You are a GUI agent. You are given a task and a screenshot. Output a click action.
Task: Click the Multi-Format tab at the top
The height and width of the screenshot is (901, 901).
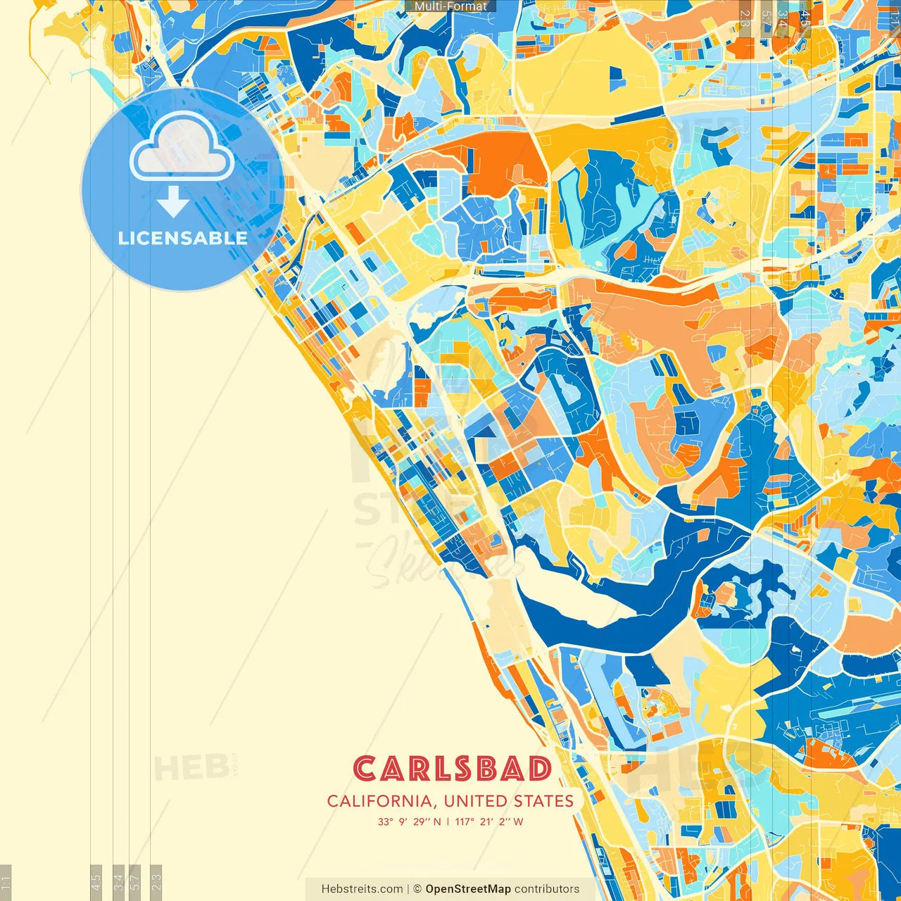[450, 6]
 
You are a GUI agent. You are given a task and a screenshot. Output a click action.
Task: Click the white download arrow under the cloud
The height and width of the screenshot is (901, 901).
[172, 203]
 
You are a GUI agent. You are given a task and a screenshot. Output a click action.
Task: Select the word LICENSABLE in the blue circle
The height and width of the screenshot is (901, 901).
[182, 238]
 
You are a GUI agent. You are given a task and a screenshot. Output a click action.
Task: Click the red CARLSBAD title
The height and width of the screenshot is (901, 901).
[452, 769]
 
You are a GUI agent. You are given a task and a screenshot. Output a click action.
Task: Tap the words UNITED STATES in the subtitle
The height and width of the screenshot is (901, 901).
[509, 801]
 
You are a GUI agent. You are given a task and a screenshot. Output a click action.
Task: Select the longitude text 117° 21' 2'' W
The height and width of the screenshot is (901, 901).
[489, 821]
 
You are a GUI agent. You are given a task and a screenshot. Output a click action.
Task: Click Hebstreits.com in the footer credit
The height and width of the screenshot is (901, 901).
[362, 889]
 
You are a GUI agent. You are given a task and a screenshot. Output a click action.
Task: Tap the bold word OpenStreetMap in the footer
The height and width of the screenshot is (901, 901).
[468, 889]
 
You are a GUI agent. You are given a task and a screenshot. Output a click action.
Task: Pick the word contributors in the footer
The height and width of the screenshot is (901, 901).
[547, 889]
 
